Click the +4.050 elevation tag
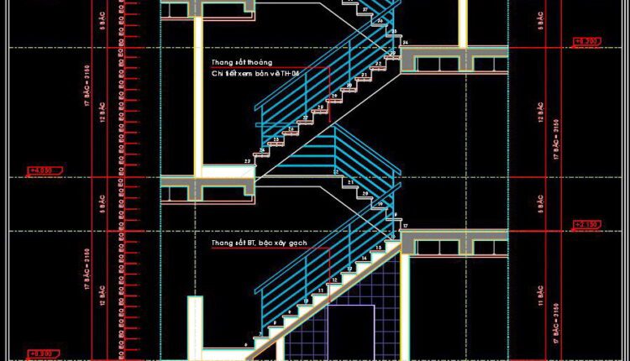click(40, 171)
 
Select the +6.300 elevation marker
click(585, 41)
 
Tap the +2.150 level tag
click(585, 224)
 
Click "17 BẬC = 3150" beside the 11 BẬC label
click(556, 319)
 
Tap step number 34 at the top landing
click(406, 43)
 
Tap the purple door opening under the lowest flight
click(350, 332)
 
